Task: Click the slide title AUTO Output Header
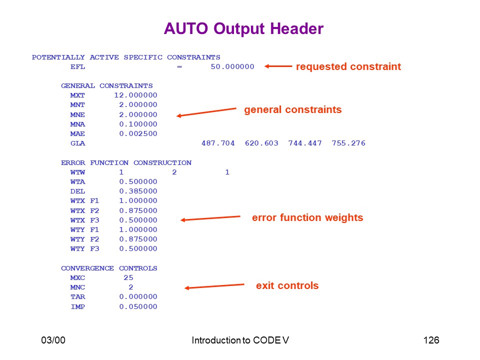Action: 243,29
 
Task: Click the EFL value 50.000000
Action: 232,66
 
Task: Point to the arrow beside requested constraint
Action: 278,66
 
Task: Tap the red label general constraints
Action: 292,109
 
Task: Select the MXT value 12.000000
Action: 135,95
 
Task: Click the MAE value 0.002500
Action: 138,134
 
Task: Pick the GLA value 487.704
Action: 218,143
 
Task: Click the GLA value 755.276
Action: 348,143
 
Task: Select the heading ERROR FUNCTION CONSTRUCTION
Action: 126,163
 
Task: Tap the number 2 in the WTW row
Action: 174,172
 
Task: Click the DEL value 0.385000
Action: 138,191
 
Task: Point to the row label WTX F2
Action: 84,211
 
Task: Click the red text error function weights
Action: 307,217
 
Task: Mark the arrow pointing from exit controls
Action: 214,286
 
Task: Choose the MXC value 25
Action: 128,277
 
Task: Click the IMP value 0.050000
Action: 138,306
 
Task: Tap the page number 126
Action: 431,340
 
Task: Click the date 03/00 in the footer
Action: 53,340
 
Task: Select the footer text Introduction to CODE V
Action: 240,340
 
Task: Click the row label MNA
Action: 77,124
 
